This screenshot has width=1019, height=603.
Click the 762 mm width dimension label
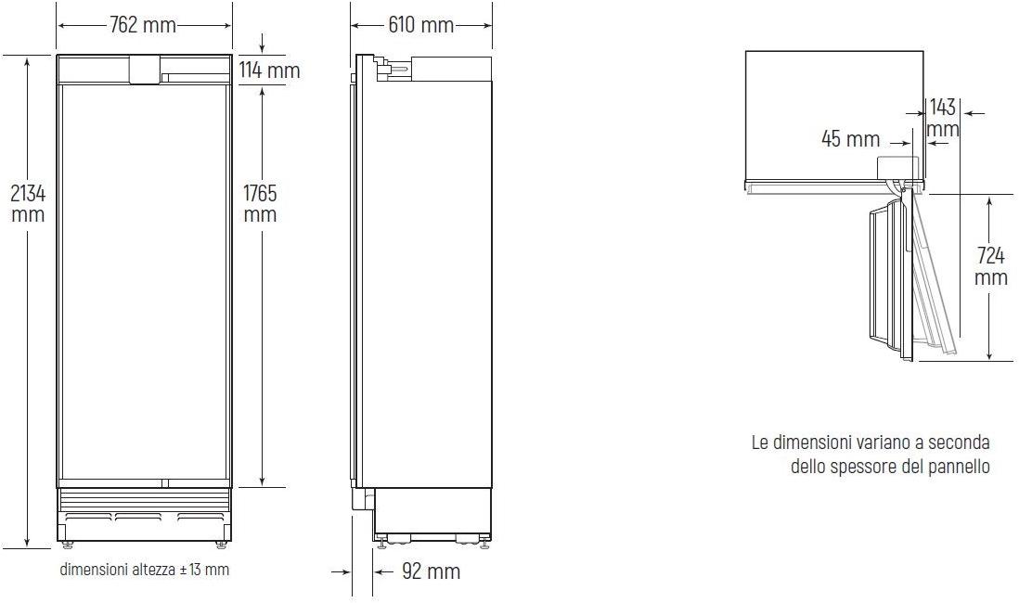coord(143,25)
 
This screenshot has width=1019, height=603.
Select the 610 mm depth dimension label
coord(420,25)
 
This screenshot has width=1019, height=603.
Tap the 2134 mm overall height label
coord(28,203)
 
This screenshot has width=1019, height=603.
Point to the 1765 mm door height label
coord(260,203)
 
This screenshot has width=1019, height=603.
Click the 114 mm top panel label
coord(269,70)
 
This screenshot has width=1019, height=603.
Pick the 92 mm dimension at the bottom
coord(431,571)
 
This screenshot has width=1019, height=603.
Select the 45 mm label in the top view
coord(850,138)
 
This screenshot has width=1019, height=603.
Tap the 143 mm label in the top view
coord(942,118)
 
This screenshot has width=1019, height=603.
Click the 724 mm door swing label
coord(990,265)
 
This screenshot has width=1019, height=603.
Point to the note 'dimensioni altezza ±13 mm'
coord(144,570)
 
